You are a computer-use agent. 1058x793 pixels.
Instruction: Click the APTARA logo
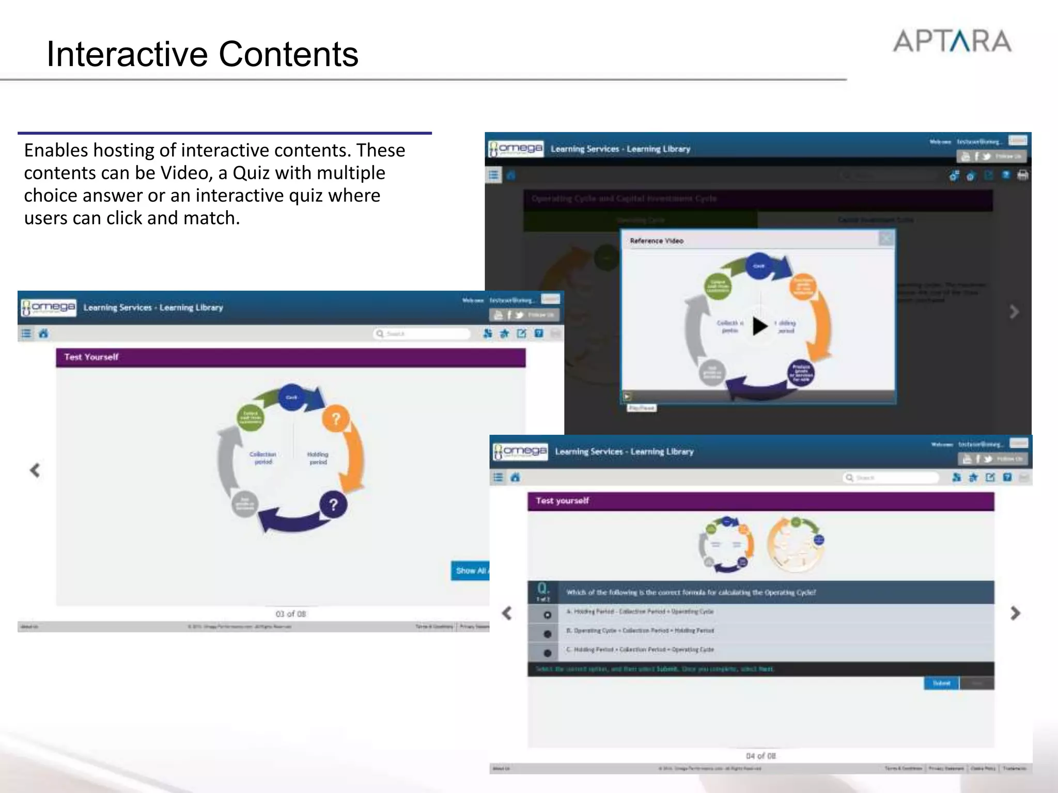click(x=952, y=41)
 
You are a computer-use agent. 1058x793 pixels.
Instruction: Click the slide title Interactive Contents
click(x=203, y=54)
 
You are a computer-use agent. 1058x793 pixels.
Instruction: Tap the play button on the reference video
click(x=759, y=326)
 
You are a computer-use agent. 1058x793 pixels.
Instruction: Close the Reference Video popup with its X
click(x=886, y=239)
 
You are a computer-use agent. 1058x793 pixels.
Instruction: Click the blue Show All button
click(x=470, y=570)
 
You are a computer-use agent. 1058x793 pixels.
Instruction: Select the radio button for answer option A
click(x=547, y=615)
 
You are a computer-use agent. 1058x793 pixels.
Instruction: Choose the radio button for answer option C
click(x=547, y=653)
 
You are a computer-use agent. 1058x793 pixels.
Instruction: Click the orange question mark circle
click(x=335, y=419)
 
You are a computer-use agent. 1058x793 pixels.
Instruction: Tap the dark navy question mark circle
click(x=333, y=504)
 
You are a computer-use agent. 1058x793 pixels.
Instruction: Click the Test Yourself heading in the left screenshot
click(x=91, y=357)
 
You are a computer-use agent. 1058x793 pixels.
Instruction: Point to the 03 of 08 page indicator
click(x=290, y=614)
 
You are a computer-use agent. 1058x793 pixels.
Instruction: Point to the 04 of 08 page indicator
click(x=760, y=756)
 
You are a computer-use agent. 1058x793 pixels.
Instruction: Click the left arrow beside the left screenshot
click(x=35, y=470)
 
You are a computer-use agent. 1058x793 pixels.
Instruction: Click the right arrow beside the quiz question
click(x=1015, y=613)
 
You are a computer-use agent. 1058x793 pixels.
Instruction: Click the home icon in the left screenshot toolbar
click(x=43, y=334)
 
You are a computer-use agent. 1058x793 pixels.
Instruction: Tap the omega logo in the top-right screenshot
click(x=516, y=149)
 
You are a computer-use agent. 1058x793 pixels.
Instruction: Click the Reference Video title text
click(x=657, y=241)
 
